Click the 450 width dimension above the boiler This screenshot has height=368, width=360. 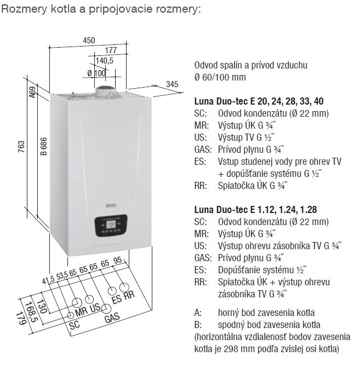pyautogui.click(x=89, y=40)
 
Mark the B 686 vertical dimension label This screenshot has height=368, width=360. pyautogui.click(x=42, y=151)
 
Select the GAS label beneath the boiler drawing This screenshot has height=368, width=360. pyautogui.click(x=112, y=318)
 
